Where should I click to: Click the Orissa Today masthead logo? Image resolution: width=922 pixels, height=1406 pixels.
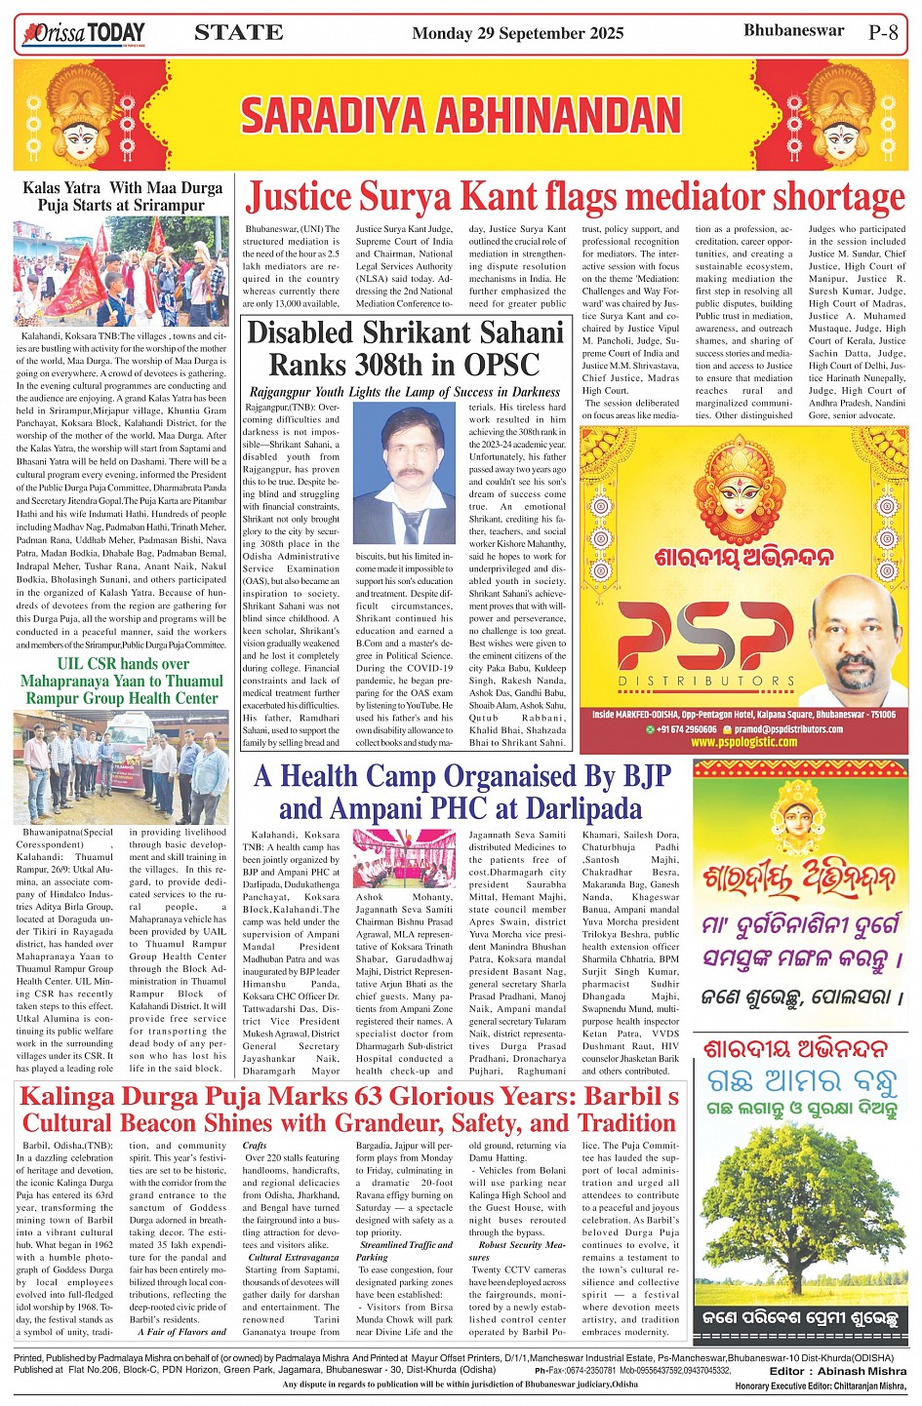(x=83, y=34)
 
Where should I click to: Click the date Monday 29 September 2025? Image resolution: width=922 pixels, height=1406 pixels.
(x=517, y=33)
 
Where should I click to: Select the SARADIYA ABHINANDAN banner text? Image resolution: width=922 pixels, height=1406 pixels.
(x=461, y=115)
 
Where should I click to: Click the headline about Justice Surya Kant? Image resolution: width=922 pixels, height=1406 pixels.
(x=576, y=198)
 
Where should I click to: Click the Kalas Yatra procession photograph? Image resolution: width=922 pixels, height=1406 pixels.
(x=121, y=270)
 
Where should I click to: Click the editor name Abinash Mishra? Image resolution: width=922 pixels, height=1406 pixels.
(x=862, y=1371)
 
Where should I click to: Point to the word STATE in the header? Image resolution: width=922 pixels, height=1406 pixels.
(x=239, y=33)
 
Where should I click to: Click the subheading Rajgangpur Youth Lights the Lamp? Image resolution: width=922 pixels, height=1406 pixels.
(x=404, y=392)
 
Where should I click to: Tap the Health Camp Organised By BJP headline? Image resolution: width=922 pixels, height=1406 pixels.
(x=461, y=792)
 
